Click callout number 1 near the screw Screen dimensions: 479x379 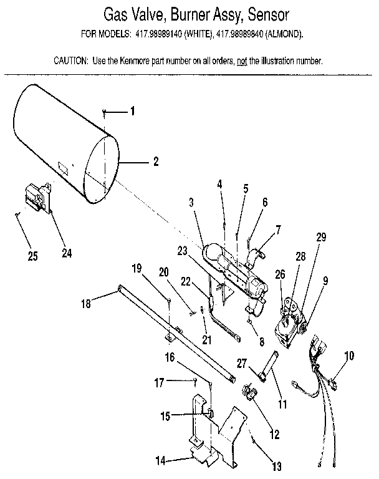[x=132, y=112]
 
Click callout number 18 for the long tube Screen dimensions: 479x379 [x=86, y=305]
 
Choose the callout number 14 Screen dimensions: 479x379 [x=161, y=461]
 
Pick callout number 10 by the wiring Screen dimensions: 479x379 [x=349, y=356]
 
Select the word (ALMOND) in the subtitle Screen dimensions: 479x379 [x=285, y=36]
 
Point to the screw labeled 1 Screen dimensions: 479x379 [x=105, y=112]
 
